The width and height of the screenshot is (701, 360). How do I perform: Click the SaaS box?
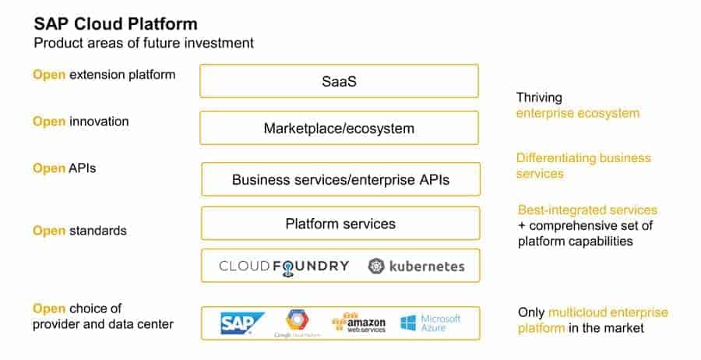tap(340, 81)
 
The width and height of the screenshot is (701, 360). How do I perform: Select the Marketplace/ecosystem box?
tap(340, 128)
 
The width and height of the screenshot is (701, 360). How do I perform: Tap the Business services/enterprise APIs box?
tap(340, 180)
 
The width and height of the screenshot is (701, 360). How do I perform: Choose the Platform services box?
tap(340, 224)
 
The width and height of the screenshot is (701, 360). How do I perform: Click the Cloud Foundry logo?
tap(284, 266)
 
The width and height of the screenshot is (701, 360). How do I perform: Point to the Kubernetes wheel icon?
tap(377, 266)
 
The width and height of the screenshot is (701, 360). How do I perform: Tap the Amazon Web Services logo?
tap(360, 323)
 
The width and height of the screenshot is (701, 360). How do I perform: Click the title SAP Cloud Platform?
tap(115, 24)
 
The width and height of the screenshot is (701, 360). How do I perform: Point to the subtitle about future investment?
tap(143, 43)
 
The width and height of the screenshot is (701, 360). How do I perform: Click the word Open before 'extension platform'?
tap(49, 75)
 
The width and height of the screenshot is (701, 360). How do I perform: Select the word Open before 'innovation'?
tap(49, 122)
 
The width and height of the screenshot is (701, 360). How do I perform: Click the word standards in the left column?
tap(98, 231)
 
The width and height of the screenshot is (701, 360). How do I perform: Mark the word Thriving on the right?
tap(539, 98)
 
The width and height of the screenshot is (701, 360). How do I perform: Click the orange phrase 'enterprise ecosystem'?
tap(577, 113)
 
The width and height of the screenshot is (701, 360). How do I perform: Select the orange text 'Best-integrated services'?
tap(587, 210)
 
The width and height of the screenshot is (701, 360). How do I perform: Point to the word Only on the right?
tap(531, 312)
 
